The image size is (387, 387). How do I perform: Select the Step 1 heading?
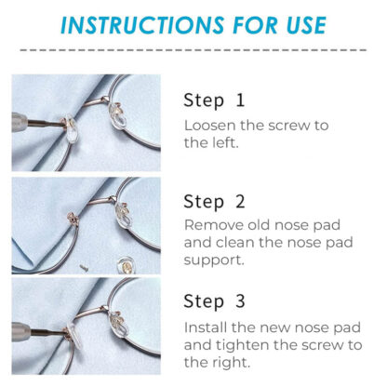[x=214, y=100]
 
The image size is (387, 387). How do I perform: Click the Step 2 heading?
[x=214, y=202]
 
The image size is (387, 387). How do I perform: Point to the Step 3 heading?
[x=214, y=301]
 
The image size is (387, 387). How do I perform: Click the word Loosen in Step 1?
[x=209, y=126]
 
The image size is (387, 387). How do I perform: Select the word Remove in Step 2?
[x=214, y=225]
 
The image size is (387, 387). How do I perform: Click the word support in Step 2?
[x=214, y=260]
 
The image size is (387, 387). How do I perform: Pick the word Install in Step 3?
[x=206, y=327]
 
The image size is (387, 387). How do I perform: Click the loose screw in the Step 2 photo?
[x=83, y=268]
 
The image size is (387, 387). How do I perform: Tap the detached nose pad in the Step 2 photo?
[x=127, y=264]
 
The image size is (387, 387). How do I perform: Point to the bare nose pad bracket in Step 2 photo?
[x=73, y=219]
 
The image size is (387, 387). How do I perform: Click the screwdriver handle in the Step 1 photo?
[x=20, y=124]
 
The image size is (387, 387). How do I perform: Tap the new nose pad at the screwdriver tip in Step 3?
[x=73, y=337]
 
